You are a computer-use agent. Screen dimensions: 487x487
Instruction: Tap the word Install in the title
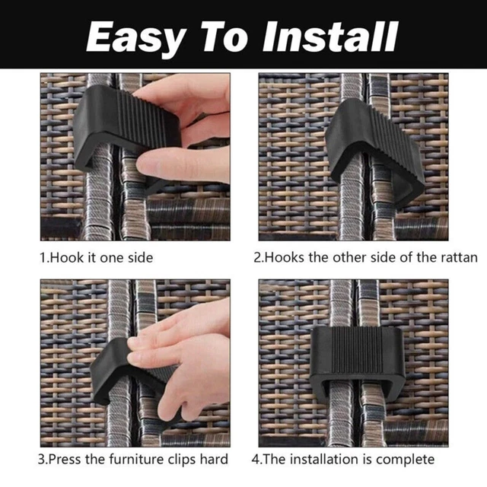pyautogui.click(x=330, y=37)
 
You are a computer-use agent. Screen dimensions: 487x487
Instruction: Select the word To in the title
pyautogui.click(x=224, y=37)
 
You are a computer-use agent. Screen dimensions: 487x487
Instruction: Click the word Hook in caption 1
pyautogui.click(x=66, y=258)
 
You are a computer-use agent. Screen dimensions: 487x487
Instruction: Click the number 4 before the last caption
pyautogui.click(x=256, y=460)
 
